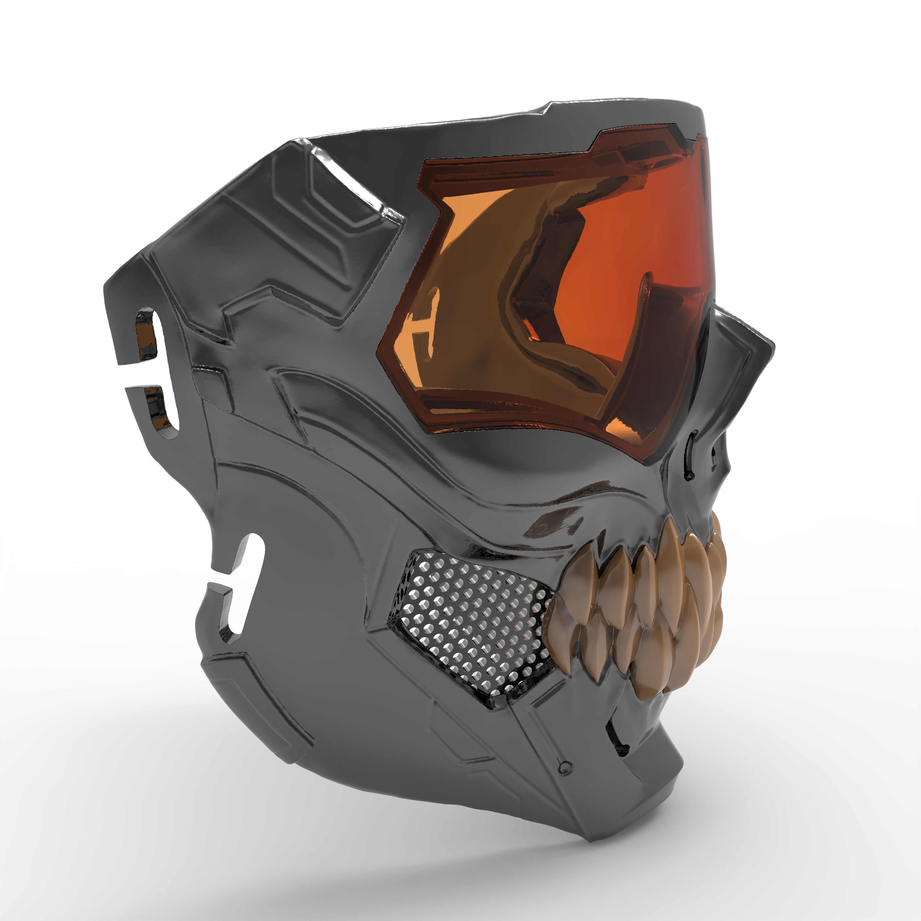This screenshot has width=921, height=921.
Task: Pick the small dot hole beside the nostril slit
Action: pos(714,450)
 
